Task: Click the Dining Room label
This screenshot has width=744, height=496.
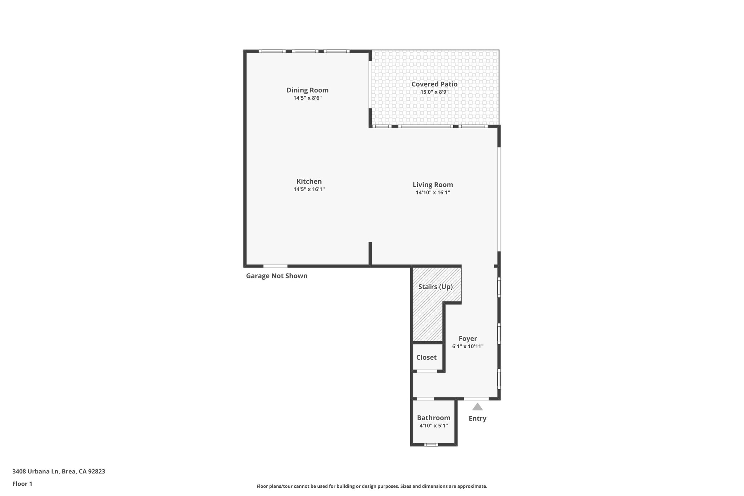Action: (x=307, y=90)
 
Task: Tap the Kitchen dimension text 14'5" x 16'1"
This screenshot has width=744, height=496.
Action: (x=309, y=189)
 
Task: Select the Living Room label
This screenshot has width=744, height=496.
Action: (x=433, y=185)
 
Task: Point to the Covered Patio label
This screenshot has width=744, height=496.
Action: (x=434, y=84)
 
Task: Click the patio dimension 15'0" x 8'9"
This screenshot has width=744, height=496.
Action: (x=434, y=92)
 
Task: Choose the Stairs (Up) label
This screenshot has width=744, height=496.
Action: (x=435, y=287)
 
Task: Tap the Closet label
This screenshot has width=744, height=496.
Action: (x=426, y=358)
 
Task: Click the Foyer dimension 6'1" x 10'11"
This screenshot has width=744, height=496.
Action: (x=468, y=347)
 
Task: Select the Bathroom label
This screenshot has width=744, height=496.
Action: (x=433, y=418)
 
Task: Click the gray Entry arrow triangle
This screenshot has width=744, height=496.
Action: (x=477, y=407)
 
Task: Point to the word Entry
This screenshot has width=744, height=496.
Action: (x=477, y=419)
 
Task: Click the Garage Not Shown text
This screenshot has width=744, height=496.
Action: (x=276, y=276)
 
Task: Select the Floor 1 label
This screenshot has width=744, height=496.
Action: (x=22, y=484)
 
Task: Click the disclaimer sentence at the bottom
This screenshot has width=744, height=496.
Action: (x=372, y=486)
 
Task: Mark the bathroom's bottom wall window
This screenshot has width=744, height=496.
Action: (x=431, y=445)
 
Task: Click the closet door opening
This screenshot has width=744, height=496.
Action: (x=426, y=371)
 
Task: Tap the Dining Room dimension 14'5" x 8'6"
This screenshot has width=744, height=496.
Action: (x=307, y=98)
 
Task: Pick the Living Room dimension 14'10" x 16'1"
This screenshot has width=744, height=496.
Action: (x=433, y=193)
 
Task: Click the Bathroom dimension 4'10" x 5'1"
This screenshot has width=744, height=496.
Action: (x=433, y=426)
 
